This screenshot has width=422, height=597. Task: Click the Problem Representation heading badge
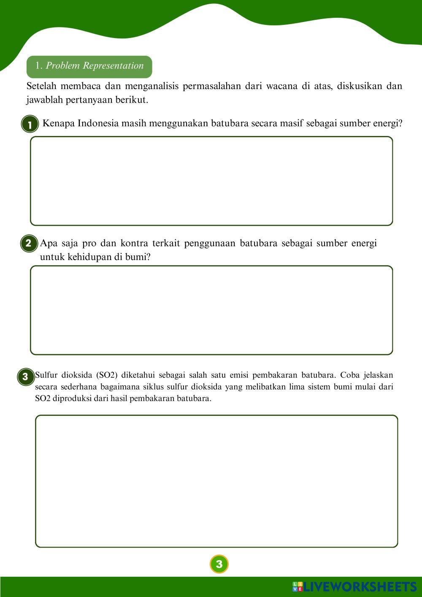[89, 66]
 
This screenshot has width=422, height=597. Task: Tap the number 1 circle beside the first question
[30, 125]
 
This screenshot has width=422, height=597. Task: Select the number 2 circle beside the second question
[29, 244]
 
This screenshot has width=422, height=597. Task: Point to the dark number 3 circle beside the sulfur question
[25, 377]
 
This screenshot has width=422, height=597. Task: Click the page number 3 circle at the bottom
[219, 564]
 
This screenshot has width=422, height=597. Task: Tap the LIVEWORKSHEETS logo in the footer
[354, 586]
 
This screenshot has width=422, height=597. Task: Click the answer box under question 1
[211, 181]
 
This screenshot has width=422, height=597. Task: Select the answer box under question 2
[211, 310]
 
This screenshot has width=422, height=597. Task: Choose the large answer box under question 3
[216, 481]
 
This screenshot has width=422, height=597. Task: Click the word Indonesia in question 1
[98, 124]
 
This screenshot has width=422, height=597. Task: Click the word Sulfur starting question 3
[46, 375]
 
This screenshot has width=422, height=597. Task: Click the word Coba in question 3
[349, 375]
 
